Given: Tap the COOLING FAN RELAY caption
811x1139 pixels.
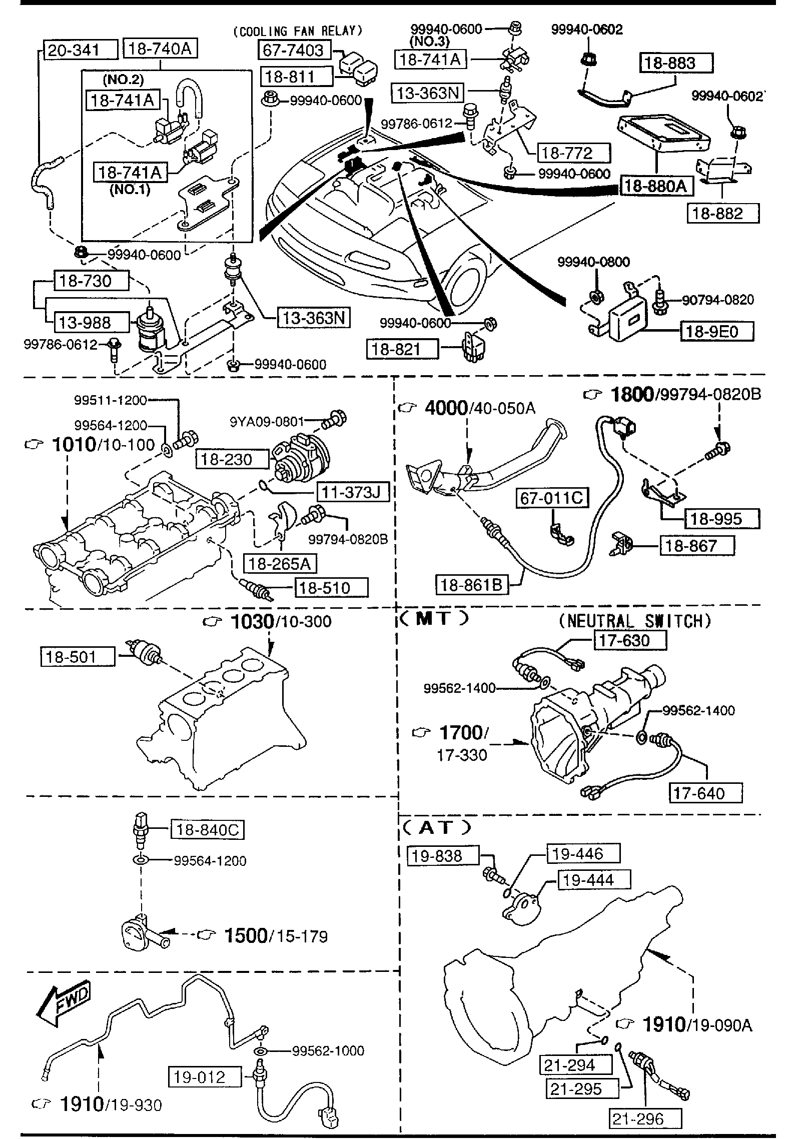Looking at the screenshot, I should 297,31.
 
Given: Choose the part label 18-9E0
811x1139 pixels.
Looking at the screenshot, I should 716,331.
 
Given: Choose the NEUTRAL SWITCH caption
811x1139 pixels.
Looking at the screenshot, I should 634,621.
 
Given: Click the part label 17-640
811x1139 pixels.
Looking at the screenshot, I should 705,793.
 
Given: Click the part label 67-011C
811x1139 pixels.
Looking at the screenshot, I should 552,498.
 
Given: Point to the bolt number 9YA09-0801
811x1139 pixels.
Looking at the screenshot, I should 267,422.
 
